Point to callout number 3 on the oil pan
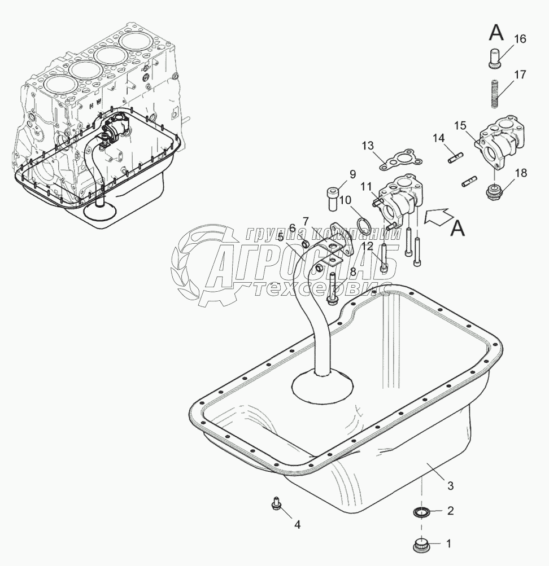tap(450, 485)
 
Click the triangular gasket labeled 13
tap(399, 160)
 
